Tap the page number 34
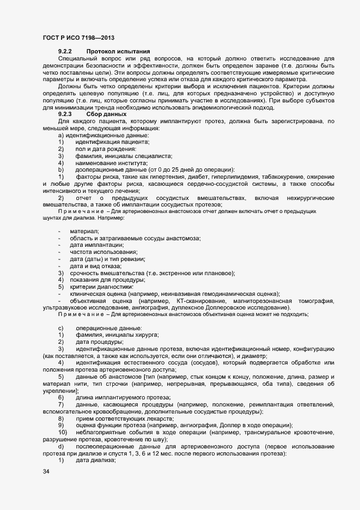46,472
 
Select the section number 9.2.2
65,51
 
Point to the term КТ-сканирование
198,301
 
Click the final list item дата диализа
95,460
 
